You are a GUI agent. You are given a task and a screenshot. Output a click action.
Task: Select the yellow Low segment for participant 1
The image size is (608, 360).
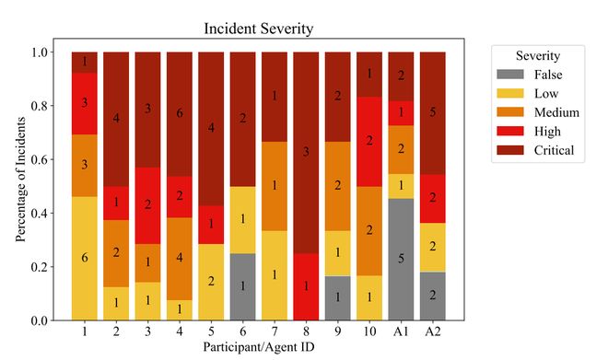(85, 258)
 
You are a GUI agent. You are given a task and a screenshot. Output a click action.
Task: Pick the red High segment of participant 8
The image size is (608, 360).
(306, 286)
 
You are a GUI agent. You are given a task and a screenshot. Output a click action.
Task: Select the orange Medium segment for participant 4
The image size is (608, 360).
(180, 258)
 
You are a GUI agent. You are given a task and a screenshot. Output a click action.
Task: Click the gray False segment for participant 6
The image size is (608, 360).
(242, 286)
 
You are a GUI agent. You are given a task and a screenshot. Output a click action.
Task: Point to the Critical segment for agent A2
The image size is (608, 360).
(432, 112)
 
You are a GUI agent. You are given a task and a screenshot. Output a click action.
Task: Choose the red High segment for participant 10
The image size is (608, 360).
(368, 141)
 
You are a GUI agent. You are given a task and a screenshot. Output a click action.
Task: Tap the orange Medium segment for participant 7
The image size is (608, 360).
(275, 186)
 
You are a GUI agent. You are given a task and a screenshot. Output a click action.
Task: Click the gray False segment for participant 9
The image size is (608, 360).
(337, 297)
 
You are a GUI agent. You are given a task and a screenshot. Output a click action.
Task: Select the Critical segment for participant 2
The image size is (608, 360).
(116, 118)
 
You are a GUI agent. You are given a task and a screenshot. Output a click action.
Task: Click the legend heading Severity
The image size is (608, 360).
(536, 55)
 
